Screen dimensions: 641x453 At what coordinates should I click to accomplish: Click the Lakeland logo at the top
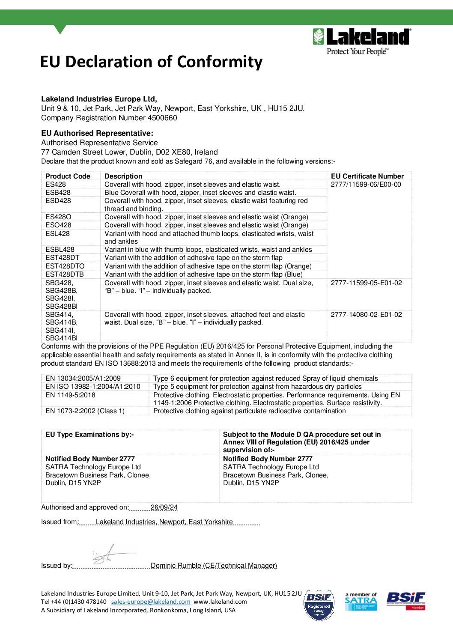[362, 42]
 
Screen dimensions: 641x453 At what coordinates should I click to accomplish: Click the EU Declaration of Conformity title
[151, 62]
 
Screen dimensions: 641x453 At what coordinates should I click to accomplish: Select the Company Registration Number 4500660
[109, 118]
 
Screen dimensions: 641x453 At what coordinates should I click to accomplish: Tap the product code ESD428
[58, 201]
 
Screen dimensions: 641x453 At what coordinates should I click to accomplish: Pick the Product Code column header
[68, 176]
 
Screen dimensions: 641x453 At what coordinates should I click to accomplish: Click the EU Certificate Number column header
[367, 176]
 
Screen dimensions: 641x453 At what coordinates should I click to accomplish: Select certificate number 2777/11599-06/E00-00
[366, 185]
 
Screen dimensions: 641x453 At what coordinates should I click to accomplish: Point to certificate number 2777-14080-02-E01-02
[366, 315]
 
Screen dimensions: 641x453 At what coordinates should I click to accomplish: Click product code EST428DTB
[65, 274]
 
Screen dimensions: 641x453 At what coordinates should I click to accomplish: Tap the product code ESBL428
[60, 250]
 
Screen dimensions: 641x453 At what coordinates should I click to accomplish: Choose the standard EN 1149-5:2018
[70, 395]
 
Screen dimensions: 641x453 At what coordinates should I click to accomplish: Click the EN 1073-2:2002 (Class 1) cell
[85, 411]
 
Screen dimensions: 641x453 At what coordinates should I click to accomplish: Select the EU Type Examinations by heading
[89, 435]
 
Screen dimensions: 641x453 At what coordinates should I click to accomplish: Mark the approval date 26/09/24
[164, 507]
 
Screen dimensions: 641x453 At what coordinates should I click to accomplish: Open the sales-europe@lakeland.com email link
[151, 602]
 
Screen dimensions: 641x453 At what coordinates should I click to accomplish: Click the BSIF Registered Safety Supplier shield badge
[319, 605]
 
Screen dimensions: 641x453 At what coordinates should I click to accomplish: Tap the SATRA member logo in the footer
[361, 601]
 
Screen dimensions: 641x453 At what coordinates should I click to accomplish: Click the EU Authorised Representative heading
[97, 133]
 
